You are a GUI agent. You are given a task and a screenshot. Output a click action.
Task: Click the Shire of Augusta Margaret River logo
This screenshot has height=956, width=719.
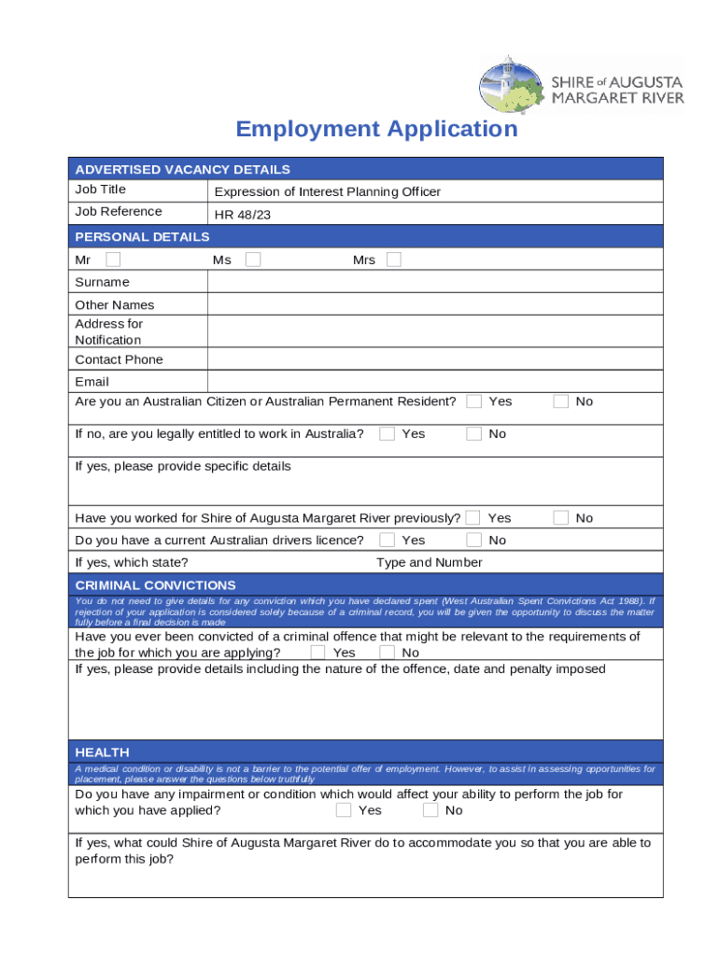click(581, 85)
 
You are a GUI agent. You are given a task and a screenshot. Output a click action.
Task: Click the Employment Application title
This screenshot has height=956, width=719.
click(376, 129)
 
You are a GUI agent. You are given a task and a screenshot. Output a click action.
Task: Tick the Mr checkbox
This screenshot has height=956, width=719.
click(113, 260)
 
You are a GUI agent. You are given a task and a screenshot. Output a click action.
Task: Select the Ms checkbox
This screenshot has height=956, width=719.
click(253, 260)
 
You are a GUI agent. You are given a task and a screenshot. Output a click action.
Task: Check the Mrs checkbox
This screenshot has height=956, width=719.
click(394, 260)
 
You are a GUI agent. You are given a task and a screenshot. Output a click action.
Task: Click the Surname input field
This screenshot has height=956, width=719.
click(434, 282)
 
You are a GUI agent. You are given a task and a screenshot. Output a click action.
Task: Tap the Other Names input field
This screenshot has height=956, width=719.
click(434, 304)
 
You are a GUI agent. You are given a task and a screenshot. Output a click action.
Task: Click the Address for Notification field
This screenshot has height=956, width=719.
click(434, 331)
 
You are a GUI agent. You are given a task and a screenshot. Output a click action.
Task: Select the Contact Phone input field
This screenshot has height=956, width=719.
click(434, 359)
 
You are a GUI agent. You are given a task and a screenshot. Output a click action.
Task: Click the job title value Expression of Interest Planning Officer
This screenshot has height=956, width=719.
click(327, 191)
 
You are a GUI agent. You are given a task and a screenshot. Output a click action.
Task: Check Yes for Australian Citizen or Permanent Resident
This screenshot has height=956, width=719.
click(474, 401)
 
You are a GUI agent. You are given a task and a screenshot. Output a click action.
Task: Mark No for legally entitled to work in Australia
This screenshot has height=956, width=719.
click(474, 434)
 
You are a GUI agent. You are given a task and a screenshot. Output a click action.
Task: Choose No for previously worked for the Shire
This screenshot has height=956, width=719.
click(561, 517)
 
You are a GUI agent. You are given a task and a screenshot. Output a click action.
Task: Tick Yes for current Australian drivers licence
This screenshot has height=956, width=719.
click(387, 540)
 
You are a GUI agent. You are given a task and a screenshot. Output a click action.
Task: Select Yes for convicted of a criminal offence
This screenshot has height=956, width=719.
click(318, 653)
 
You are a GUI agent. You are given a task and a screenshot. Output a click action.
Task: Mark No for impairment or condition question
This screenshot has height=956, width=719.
click(430, 810)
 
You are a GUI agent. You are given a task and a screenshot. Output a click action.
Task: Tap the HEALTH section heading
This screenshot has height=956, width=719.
click(102, 752)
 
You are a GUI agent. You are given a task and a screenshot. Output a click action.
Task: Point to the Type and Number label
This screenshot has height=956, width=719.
click(430, 562)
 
